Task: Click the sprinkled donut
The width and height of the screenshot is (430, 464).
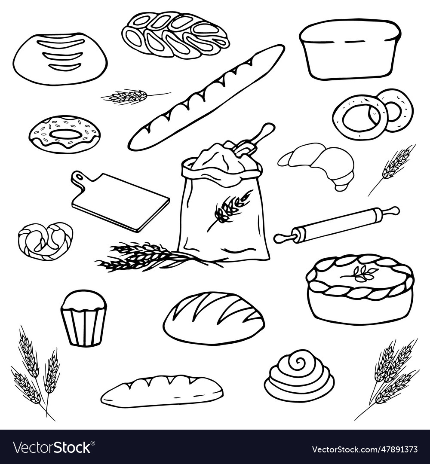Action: (64, 134)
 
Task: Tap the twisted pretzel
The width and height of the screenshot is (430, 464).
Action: (45, 241)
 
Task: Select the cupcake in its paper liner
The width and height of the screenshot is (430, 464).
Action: (83, 318)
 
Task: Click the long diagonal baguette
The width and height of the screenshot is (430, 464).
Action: (206, 98)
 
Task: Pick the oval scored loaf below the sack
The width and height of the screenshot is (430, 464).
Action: (214, 318)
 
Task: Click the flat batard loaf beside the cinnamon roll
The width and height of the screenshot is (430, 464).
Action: (162, 391)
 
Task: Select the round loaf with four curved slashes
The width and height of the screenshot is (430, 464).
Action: (60, 59)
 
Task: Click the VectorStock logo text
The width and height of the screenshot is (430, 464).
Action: (52, 448)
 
